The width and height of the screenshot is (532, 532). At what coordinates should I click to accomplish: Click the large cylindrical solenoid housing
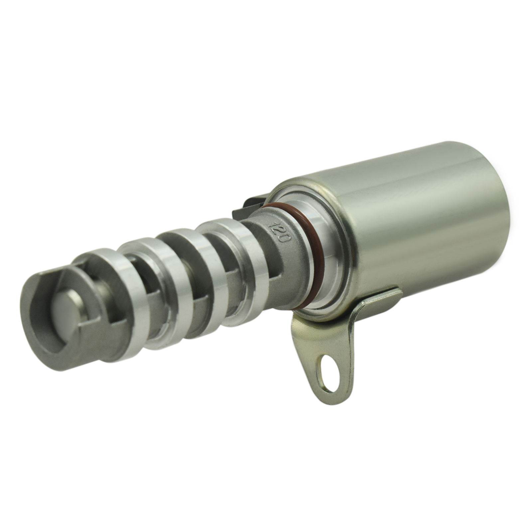[x=399, y=233]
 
